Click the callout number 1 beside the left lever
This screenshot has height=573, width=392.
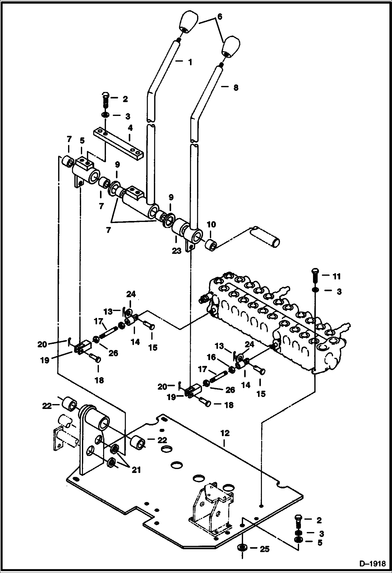pyautogui.click(x=190, y=62)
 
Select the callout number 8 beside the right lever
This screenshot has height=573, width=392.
pyautogui.click(x=236, y=88)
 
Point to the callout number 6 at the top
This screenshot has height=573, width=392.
pyautogui.click(x=220, y=17)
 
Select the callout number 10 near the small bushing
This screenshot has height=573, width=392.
pyautogui.click(x=211, y=225)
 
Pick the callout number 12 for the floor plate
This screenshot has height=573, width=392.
pyautogui.click(x=225, y=433)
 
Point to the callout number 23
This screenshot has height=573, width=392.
pyautogui.click(x=176, y=251)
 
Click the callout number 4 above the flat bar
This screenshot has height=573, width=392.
pyautogui.click(x=130, y=128)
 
